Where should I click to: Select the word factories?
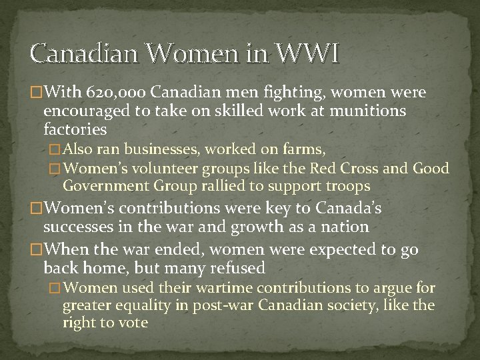coord(75,128)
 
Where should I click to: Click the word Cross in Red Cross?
coord(370,169)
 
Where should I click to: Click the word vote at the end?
coord(132,323)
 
